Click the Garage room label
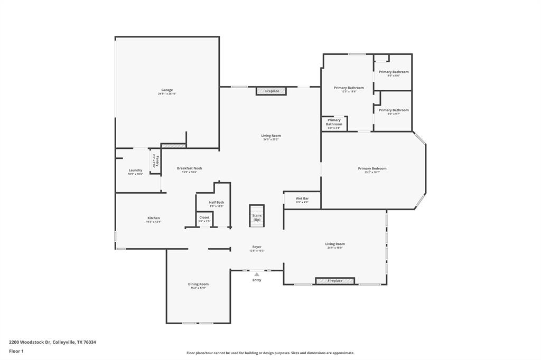point(167,90)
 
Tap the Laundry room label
point(135,170)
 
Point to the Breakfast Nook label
point(189,168)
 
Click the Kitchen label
point(153,218)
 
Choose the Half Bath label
point(216,202)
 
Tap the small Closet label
point(204,217)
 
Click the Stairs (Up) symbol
point(257,216)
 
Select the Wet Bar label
point(302,198)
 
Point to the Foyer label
point(257,247)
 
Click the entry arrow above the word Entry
point(257,274)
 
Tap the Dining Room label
point(198,284)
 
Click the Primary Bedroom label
point(372,168)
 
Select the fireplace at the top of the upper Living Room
point(272,91)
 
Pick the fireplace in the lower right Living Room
point(335,281)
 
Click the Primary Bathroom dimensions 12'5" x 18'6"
point(349,92)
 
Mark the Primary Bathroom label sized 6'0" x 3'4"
point(334,122)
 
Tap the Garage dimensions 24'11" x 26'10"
point(167,94)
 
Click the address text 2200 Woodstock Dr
point(30,342)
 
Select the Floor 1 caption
point(16,351)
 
